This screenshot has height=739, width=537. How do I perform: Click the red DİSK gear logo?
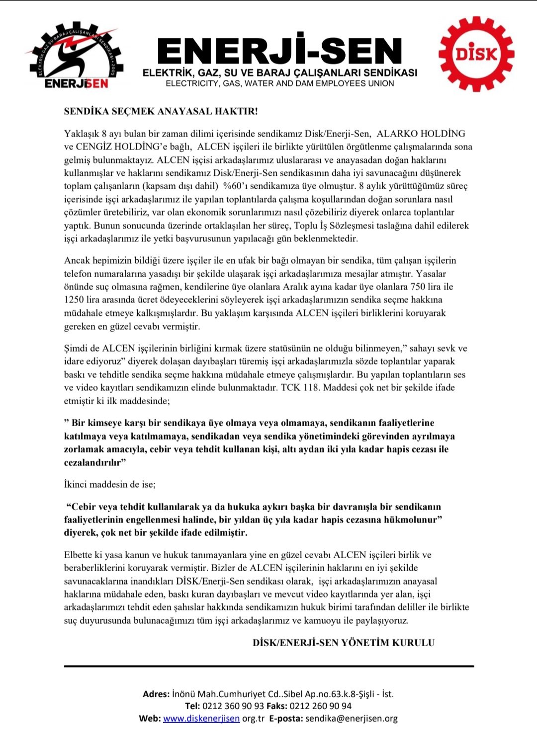[x=476, y=54]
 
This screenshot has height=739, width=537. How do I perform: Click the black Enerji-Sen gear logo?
[x=76, y=55]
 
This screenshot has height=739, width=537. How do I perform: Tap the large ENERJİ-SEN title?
[x=279, y=52]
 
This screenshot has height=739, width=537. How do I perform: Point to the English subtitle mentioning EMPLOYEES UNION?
[x=279, y=83]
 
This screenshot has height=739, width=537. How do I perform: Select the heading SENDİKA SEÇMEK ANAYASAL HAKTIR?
[x=161, y=111]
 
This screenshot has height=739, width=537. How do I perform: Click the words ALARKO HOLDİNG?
[x=421, y=134]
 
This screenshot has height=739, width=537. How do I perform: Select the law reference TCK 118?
[x=300, y=387]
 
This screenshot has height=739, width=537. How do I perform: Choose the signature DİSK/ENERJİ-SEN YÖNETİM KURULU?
[x=344, y=643]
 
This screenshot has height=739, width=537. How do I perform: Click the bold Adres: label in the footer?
[x=156, y=694]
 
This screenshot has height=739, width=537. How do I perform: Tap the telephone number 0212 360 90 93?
[x=233, y=706]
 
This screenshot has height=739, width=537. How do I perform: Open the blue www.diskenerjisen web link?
[x=201, y=719]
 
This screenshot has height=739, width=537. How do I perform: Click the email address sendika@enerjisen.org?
[x=351, y=719]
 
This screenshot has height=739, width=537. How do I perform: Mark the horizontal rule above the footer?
[x=268, y=666]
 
